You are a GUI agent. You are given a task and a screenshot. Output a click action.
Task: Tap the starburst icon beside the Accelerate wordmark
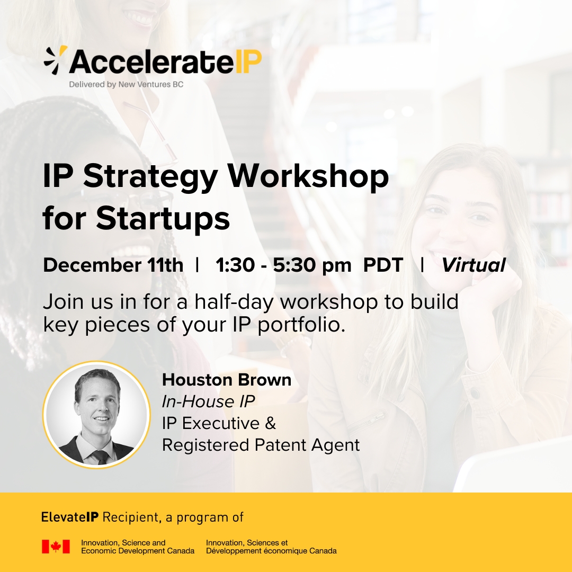[56, 60]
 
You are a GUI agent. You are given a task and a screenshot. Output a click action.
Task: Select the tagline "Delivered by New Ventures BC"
[126, 84]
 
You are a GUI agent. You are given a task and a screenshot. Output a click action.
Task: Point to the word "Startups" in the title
[163, 219]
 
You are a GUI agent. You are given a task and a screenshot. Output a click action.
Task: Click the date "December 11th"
[113, 265]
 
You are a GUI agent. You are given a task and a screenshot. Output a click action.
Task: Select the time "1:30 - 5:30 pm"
[283, 265]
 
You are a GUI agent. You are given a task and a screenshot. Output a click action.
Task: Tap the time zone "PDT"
[383, 265]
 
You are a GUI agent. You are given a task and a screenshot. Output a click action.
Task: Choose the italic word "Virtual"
[473, 265]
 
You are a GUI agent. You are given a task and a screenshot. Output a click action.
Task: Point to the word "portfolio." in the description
[301, 325]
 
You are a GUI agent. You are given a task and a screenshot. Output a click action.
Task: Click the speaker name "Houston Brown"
[227, 380]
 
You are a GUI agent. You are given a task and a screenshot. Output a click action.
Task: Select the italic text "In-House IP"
[208, 401]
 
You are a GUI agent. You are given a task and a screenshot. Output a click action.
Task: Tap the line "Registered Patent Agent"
[261, 445]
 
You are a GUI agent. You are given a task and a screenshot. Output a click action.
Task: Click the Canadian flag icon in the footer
[56, 547]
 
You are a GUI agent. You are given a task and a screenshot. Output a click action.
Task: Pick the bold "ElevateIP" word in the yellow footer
[70, 517]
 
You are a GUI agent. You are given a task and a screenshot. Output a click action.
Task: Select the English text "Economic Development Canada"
[138, 551]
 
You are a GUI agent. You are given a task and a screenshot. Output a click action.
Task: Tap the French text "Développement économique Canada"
[271, 551]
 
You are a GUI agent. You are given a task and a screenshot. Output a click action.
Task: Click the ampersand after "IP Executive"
[270, 424]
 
